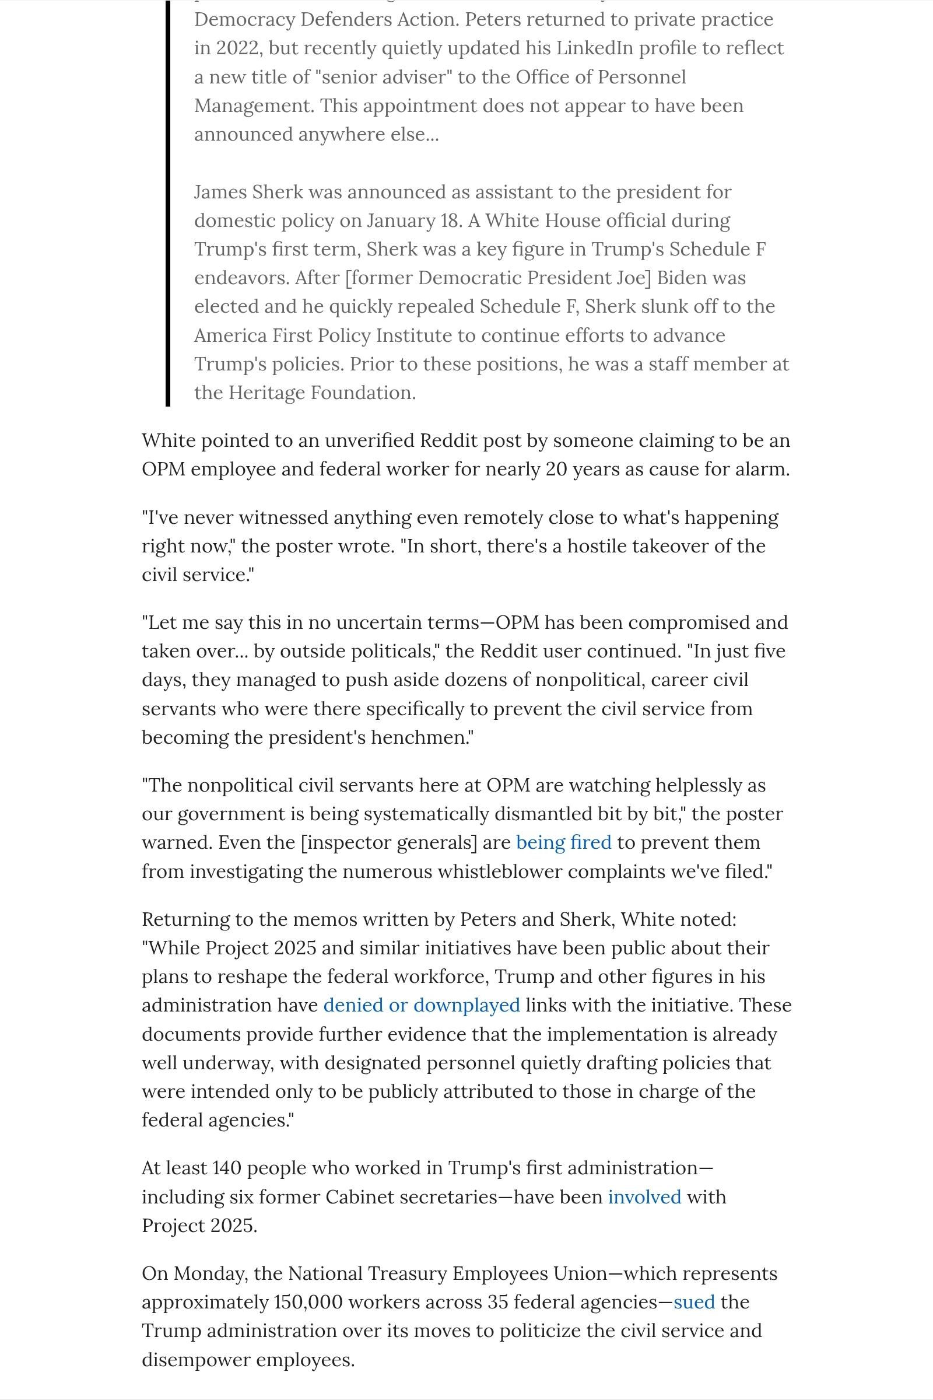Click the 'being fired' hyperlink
coord(563,842)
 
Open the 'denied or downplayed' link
coord(421,1005)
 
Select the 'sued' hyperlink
coord(694,1302)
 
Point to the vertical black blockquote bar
coord(168,202)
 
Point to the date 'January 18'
coord(414,221)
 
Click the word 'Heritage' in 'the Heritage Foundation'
coord(274,393)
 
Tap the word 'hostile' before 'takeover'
coord(596,546)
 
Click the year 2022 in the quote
coord(237,48)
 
